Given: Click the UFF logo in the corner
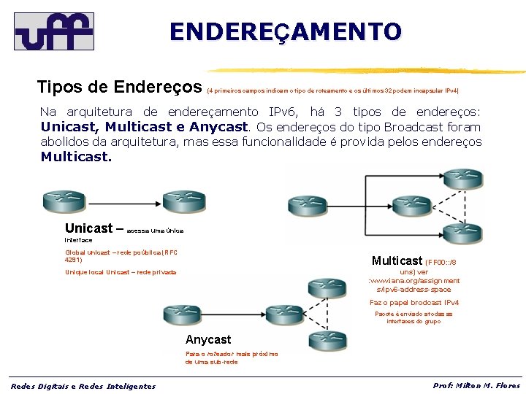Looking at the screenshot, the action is (54, 31).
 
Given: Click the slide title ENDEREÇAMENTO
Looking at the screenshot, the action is (286, 32).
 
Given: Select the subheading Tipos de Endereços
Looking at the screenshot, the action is (120, 88).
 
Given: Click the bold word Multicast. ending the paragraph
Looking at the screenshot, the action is (77, 156).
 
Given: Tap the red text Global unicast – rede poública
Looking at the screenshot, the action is (121, 255).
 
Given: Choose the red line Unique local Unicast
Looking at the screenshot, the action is (121, 272).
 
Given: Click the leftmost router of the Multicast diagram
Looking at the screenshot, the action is (308, 205).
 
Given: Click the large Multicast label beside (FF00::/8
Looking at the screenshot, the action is (397, 260).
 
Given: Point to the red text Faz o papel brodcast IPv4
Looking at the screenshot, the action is (413, 302).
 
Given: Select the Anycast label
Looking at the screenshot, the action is (208, 339).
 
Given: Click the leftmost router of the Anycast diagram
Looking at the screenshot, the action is (183, 314).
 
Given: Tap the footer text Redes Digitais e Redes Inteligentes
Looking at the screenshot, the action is (83, 386).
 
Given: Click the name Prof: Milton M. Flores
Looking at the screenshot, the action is (476, 385).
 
